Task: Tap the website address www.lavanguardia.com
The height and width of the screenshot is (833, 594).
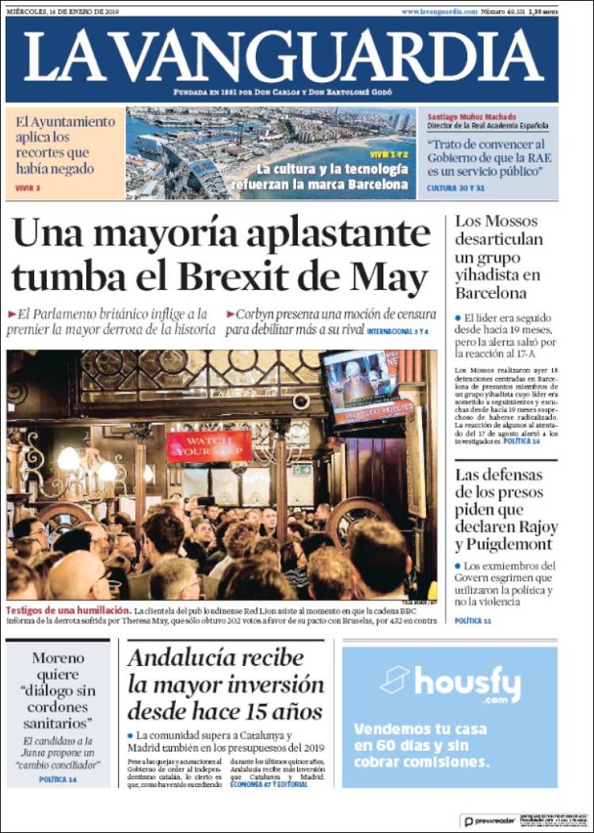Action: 439,12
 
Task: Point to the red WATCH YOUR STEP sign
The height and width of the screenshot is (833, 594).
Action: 209,446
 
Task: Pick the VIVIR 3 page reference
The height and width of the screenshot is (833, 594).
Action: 28,188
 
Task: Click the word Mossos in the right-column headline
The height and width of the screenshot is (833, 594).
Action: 507,221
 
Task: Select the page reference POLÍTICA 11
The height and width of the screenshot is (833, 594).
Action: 473,621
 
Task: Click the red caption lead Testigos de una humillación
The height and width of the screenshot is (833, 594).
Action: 67,611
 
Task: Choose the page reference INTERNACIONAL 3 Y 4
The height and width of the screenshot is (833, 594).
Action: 397,331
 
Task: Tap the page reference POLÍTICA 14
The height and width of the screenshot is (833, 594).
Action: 58,780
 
